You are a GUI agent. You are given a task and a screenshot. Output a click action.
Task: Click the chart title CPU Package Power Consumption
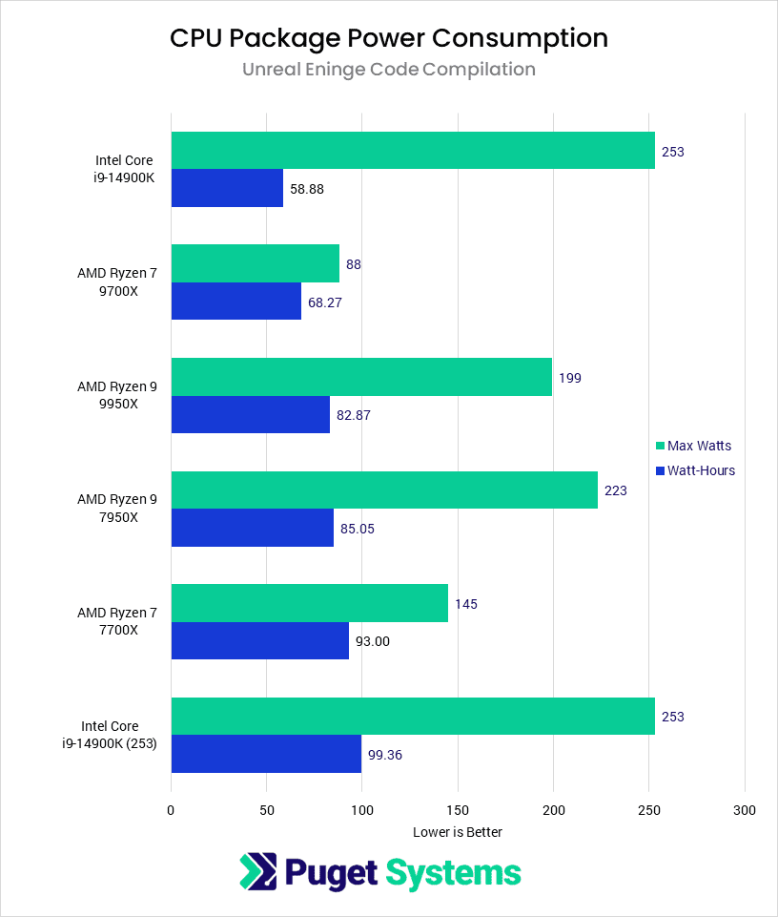pyautogui.click(x=388, y=38)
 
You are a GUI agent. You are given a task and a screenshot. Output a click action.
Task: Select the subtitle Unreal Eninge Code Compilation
pyautogui.click(x=388, y=70)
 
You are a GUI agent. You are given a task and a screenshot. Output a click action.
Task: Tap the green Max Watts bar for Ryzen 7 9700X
pyautogui.click(x=255, y=263)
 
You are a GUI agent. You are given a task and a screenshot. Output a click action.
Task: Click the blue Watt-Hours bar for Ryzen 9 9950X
pyautogui.click(x=250, y=414)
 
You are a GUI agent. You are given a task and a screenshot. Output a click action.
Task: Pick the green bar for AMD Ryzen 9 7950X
pyautogui.click(x=384, y=490)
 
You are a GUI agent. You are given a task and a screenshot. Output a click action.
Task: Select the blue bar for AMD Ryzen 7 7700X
pyautogui.click(x=259, y=640)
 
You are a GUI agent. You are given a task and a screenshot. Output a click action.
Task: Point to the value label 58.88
pyautogui.click(x=306, y=189)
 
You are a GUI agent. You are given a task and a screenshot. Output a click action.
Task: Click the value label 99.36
pyautogui.click(x=385, y=754)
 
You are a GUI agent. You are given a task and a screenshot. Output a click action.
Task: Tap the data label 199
pyautogui.click(x=570, y=378)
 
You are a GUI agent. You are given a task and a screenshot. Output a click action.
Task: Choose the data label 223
pyautogui.click(x=616, y=490)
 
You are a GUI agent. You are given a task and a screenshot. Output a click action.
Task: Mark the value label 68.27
pyautogui.click(x=324, y=302)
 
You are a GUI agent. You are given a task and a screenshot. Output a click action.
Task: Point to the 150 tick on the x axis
pyautogui.click(x=458, y=810)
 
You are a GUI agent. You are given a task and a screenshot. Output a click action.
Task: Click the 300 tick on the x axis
pyautogui.click(x=744, y=810)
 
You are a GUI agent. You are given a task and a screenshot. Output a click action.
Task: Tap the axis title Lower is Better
pyautogui.click(x=458, y=832)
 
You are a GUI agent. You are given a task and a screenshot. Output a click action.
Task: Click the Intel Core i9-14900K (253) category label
pyautogui.click(x=116, y=735)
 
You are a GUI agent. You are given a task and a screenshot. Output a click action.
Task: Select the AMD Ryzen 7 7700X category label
pyautogui.click(x=116, y=621)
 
